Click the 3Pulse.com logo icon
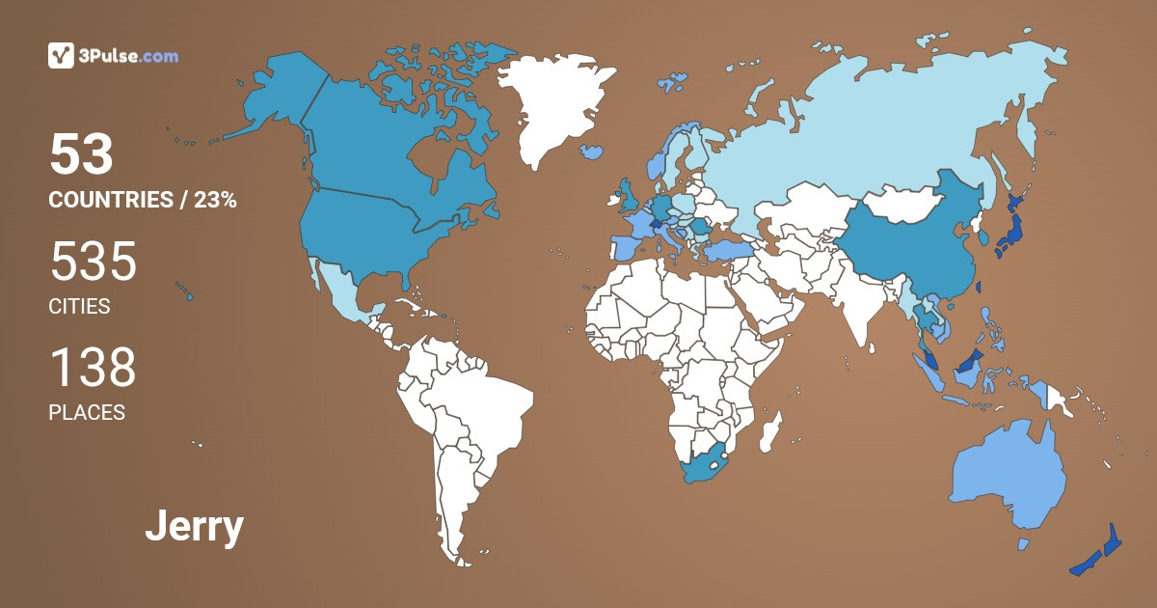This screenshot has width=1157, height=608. pos(61,55)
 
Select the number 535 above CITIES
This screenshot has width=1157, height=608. pos(93,262)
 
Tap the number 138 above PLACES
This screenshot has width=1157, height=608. pos(93,368)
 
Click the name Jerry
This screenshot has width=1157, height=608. pos(194,527)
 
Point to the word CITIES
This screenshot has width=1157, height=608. pos(79,307)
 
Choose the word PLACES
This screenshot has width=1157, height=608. pos(87,413)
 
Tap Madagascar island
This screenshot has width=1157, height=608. pos(770,431)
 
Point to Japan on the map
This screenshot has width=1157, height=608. pos(1009,228)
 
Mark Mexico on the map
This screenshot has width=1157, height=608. pos(338,290)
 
